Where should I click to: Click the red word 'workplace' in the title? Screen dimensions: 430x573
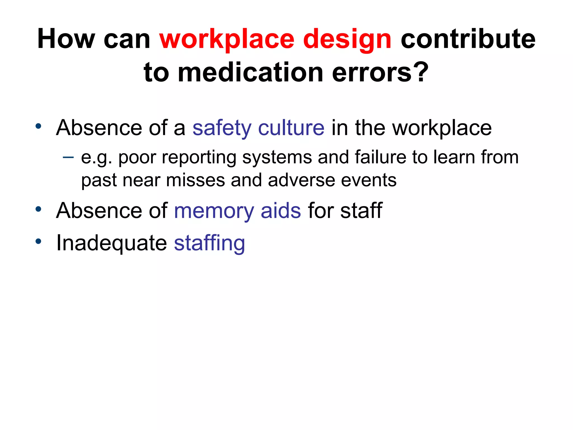point(227,39)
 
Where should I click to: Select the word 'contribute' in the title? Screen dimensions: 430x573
point(468,39)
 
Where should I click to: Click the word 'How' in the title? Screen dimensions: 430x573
point(66,39)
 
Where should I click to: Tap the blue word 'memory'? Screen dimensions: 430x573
point(214,211)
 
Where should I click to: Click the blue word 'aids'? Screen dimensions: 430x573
point(281,211)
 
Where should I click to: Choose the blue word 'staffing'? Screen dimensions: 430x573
point(209,243)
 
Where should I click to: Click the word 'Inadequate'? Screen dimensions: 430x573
point(111,243)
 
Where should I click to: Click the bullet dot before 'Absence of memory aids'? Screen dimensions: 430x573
point(38,209)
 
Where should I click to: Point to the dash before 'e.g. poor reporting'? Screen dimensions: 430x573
point(68,157)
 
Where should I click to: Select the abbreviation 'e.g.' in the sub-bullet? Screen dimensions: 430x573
point(96,158)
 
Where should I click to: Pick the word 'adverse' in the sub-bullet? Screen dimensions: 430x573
point(301,180)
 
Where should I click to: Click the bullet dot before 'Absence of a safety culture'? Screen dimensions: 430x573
point(38,126)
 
